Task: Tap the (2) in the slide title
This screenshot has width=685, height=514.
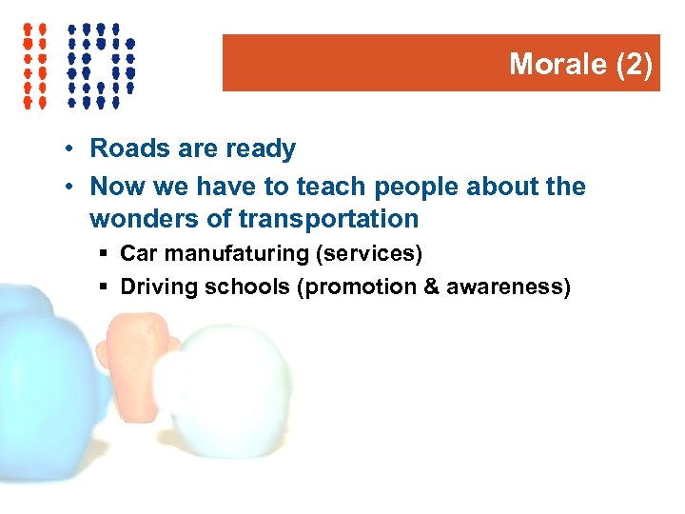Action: point(635,64)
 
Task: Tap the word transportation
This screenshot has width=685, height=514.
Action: point(328,220)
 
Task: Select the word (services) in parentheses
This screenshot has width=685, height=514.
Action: point(375,254)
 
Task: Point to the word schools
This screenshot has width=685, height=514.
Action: point(245,287)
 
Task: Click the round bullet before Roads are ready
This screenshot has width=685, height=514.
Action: point(71,149)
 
